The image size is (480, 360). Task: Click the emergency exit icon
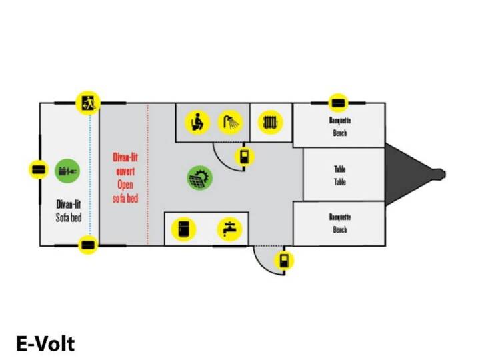point(87,103)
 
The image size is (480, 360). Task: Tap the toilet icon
point(197,123)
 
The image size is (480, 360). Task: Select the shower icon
point(230,123)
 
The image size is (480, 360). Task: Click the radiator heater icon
point(270,123)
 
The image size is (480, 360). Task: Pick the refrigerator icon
point(183,229)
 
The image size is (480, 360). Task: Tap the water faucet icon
point(229,229)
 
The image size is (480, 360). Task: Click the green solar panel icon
point(200,178)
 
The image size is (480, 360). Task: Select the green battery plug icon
point(67,171)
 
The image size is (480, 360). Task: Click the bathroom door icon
point(244,157)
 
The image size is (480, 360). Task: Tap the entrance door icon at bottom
point(284,261)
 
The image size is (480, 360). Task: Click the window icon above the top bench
point(338,103)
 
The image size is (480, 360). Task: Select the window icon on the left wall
point(39,169)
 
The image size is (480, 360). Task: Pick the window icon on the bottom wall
point(88,245)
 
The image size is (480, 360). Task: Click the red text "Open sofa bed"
point(125,191)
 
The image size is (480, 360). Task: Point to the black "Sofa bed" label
point(69,217)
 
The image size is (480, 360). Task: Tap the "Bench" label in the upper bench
point(340,133)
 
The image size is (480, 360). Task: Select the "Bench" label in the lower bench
point(340,229)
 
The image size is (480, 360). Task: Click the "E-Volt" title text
point(45,344)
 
